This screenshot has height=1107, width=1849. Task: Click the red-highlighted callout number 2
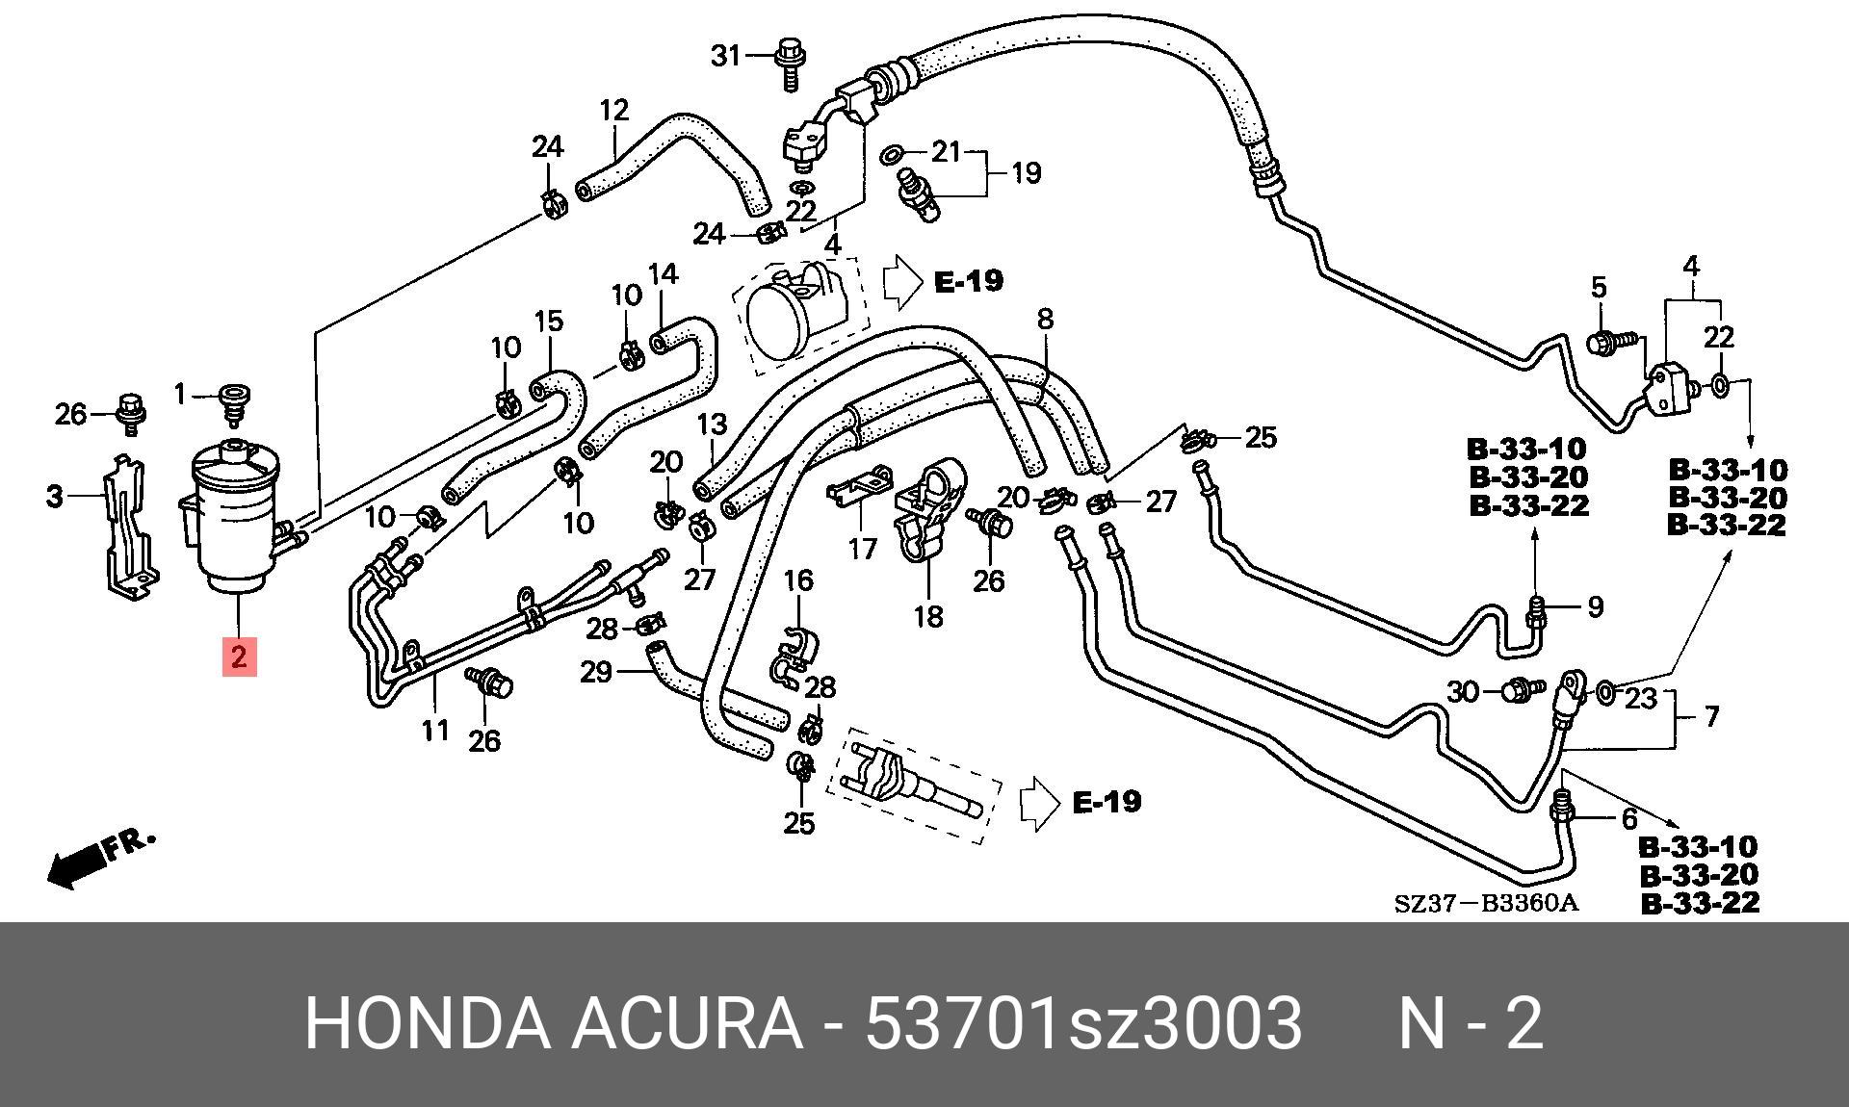239,656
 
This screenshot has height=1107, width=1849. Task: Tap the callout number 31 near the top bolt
727,56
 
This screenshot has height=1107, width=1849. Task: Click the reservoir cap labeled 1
234,401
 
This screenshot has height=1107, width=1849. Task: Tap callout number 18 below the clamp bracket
928,616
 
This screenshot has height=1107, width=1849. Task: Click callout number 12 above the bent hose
613,110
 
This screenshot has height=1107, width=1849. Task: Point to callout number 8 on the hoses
1045,318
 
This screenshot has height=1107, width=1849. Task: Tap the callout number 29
596,671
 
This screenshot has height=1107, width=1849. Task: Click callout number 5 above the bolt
1599,287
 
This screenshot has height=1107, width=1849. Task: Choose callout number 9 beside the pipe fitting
1596,606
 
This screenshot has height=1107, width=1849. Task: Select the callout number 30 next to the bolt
1463,691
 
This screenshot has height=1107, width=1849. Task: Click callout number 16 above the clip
798,580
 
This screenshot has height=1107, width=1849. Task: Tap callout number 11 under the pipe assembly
435,731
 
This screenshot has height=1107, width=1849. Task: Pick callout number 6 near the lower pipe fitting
1628,819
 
